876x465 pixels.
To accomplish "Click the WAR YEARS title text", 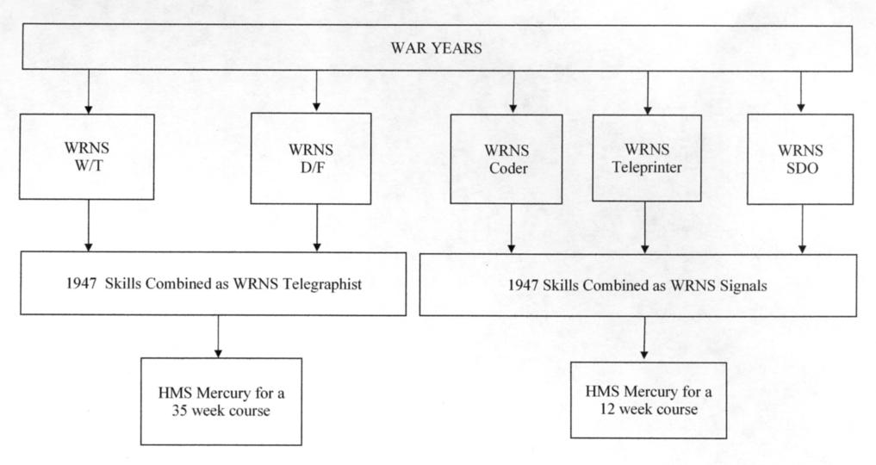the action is pos(436,48).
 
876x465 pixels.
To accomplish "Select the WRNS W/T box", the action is pos(87,157).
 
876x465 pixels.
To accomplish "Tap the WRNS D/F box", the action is pos(311,158).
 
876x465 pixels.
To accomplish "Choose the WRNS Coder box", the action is pos(506,159).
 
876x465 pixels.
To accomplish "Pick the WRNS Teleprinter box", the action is pos(647,158).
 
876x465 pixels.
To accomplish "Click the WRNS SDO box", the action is pos(800,159).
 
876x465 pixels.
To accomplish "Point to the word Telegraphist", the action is pos(322,284).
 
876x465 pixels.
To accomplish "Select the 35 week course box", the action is pos(221,401).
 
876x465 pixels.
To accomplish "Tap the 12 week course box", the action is pos(649,400).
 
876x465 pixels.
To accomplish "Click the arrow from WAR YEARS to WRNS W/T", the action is pos(88,91).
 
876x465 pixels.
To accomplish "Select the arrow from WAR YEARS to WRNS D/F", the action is pos(317,91).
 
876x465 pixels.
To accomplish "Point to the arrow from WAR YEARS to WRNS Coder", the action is pos(513,92).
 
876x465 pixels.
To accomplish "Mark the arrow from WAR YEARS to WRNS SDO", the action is pos(800,92).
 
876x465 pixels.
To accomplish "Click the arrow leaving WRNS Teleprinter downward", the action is pos(645,227).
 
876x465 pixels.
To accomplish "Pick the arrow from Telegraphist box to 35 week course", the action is pos(218,337).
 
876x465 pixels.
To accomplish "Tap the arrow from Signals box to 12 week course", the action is pos(644,338).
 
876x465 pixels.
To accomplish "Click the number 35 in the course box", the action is pos(180,411).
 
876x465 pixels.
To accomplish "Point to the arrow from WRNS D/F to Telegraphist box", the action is pos(317,227).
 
